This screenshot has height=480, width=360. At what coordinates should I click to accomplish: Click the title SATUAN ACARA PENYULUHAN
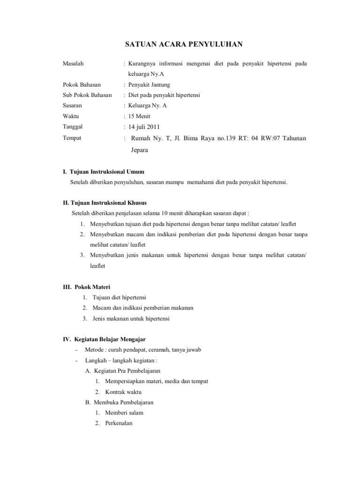point(183,45)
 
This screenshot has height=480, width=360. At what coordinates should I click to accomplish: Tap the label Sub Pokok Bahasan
point(87,95)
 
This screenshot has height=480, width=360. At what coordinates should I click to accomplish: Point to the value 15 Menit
point(139,116)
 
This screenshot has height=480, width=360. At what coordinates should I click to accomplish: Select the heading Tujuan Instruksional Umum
point(107,172)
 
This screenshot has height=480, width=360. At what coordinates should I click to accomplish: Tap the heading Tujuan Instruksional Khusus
point(109,203)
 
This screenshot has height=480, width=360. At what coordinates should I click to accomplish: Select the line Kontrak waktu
point(123,392)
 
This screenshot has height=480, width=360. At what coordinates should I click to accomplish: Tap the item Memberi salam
point(124,412)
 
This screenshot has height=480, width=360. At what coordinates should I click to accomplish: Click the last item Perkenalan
point(119,423)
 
